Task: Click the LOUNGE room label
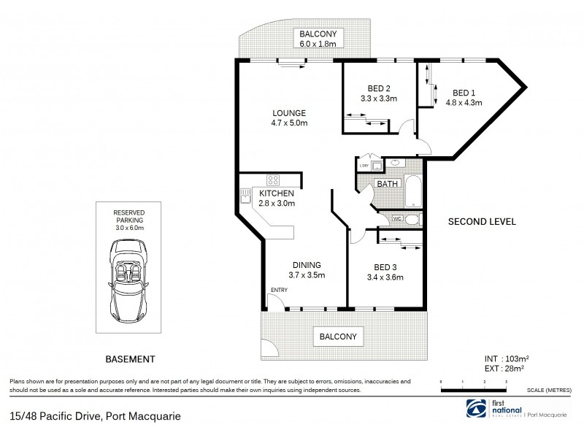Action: point(289,113)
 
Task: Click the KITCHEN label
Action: point(277,193)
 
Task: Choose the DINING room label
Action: point(306,265)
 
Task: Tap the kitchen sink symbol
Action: point(244,195)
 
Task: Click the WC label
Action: point(397,218)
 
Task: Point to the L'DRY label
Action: point(363,167)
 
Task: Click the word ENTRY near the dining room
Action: point(279,290)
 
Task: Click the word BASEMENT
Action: point(131,358)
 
